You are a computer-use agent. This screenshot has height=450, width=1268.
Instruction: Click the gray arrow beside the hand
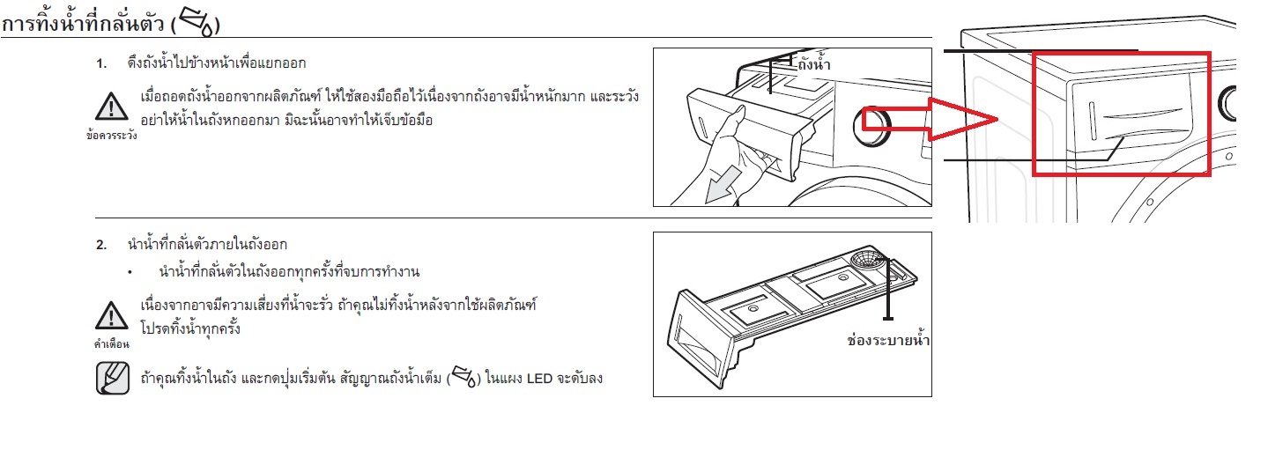[723, 185]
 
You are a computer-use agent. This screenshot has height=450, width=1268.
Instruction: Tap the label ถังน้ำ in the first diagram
[814, 63]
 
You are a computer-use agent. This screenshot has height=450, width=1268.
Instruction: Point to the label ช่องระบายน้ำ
[888, 340]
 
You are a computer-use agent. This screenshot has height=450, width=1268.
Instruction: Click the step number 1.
[100, 63]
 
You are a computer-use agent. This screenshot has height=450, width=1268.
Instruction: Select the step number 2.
[100, 245]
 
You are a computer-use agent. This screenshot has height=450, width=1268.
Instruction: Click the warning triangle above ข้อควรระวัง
[112, 107]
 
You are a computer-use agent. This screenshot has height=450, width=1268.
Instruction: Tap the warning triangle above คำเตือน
[112, 315]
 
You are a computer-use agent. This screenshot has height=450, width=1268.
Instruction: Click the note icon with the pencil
[112, 378]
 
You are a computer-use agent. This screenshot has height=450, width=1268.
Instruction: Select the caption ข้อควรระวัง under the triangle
[112, 136]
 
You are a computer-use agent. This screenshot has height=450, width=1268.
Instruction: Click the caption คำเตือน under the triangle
[112, 343]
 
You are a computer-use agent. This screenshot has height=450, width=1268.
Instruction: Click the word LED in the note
[539, 378]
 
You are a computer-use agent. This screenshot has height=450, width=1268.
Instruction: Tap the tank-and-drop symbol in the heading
[197, 23]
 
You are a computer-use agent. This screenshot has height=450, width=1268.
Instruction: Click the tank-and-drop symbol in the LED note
[464, 377]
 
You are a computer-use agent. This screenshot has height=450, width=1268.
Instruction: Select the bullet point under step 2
[130, 273]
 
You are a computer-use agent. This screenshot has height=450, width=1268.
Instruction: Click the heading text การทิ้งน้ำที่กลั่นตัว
[83, 24]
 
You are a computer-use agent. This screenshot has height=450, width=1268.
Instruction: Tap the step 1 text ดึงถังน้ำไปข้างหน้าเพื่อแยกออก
[217, 63]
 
